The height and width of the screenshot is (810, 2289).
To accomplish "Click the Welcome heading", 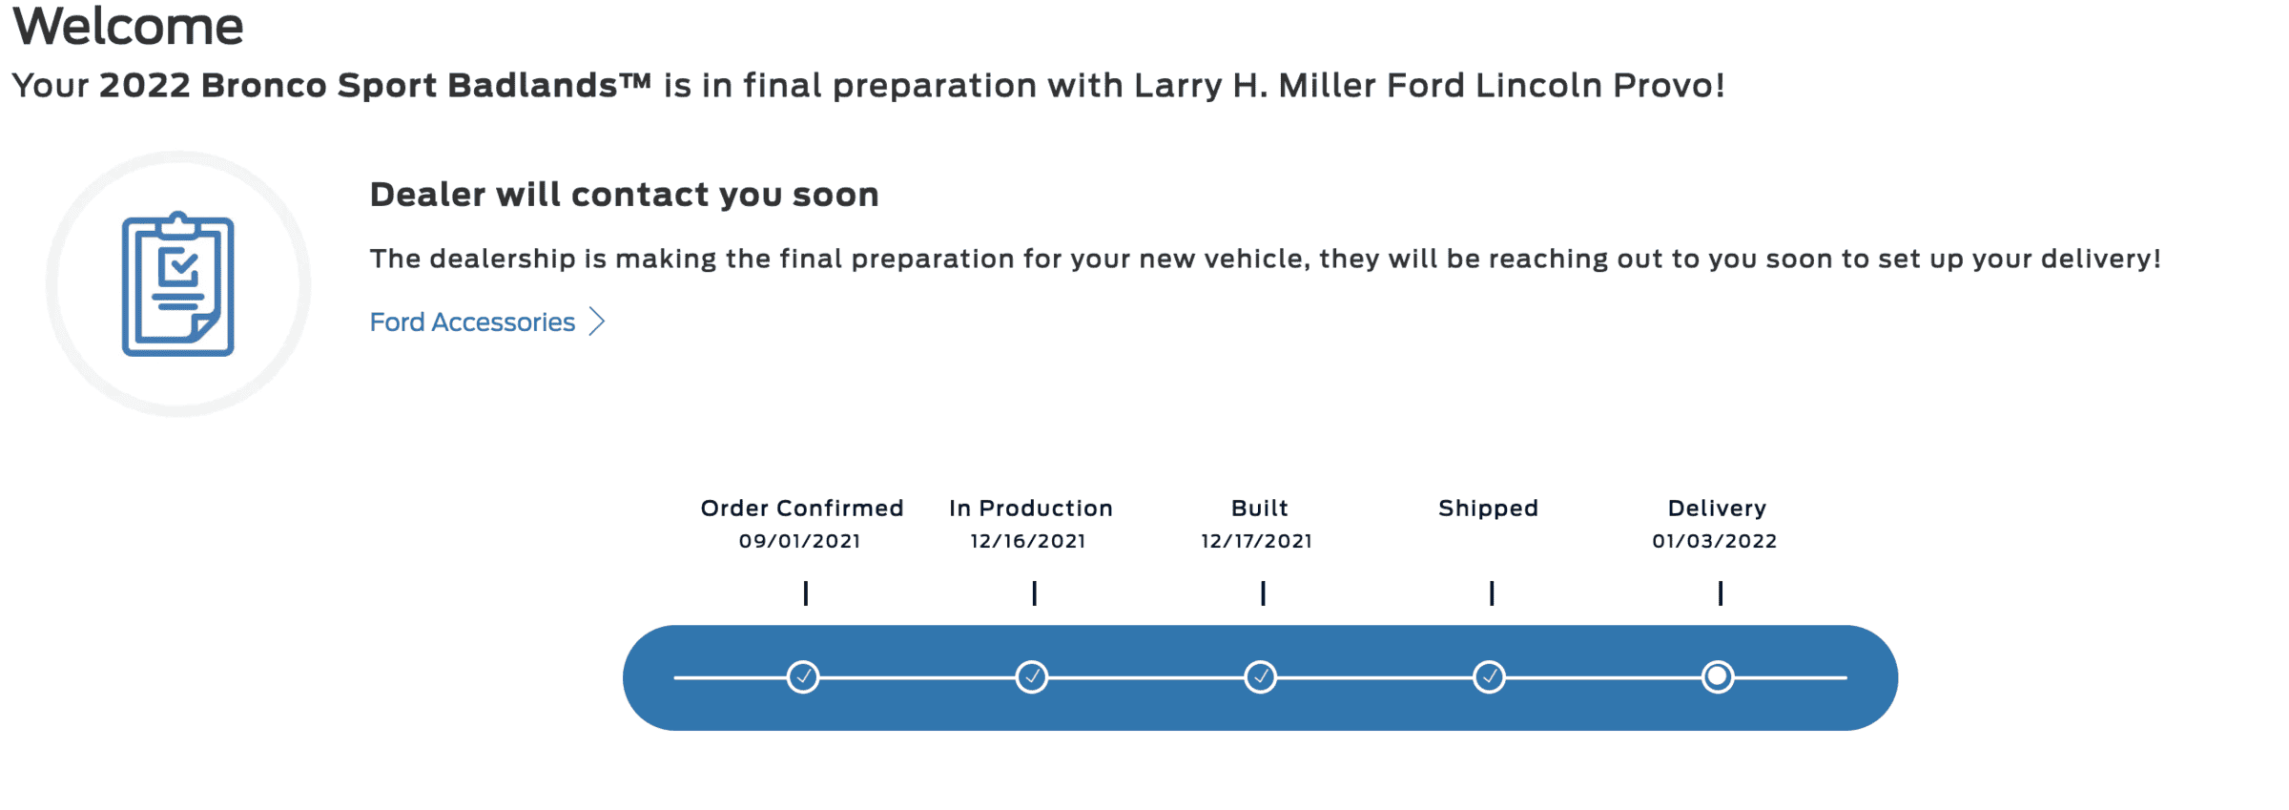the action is click(128, 25).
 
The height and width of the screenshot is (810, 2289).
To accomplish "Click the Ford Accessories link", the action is click(472, 322).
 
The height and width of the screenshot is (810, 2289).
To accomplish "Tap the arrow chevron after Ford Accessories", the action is click(597, 322).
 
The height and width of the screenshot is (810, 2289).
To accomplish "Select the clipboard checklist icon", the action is click(178, 284).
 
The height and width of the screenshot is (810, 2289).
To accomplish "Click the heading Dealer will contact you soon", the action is click(624, 195).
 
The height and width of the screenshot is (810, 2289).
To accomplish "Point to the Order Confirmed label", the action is click(802, 509).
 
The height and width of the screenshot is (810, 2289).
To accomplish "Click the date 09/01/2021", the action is click(800, 541).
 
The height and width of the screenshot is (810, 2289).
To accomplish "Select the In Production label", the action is click(1031, 509).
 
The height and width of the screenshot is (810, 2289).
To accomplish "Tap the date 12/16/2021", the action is click(1028, 541).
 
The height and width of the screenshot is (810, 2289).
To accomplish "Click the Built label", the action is click(1260, 509).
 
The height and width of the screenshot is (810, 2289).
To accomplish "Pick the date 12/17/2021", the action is click(1256, 541).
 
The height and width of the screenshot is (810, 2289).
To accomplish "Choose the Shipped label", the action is click(1489, 509).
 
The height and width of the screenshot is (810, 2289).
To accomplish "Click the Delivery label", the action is click(1717, 509).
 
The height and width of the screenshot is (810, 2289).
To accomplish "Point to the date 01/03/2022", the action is click(1715, 541).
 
